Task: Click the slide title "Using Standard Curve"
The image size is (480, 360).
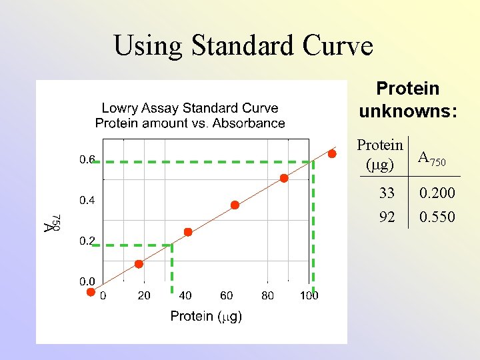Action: pos(243,46)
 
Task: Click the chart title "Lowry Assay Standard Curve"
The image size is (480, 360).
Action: pos(189,108)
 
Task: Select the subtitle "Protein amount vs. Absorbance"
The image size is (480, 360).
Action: pos(189,123)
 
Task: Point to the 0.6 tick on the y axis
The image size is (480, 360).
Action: pos(87,159)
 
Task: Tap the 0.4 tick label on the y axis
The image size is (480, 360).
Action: pos(87,200)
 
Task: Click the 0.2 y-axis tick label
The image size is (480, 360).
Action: pos(87,241)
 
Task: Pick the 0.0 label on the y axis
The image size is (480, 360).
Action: pos(87,281)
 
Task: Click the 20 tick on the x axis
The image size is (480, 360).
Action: pos(143,295)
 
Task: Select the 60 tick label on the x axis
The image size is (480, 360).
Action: pos(226,295)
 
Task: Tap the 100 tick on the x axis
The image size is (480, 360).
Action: pos(309,295)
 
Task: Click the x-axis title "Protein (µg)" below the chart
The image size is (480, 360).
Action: pos(206,316)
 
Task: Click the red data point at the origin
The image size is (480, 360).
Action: pos(91,291)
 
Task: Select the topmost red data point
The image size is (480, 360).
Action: pos(332,154)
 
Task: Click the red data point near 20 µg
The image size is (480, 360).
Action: pos(139,264)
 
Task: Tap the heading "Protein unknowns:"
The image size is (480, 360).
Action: pos(408,99)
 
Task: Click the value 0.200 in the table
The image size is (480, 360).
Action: pos(437,193)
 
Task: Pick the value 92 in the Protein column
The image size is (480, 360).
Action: pos(387,217)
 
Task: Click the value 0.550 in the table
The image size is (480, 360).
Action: pos(437,217)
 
